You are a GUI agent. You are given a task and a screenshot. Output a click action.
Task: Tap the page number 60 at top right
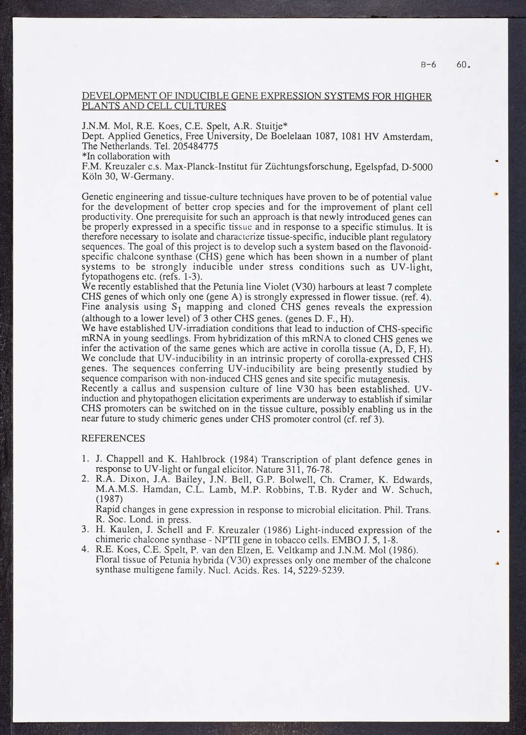pyautogui.click(x=464, y=65)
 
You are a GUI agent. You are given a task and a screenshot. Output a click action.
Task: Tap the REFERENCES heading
pyautogui.click(x=113, y=439)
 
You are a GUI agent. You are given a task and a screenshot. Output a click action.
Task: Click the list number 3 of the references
pyautogui.click(x=84, y=530)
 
